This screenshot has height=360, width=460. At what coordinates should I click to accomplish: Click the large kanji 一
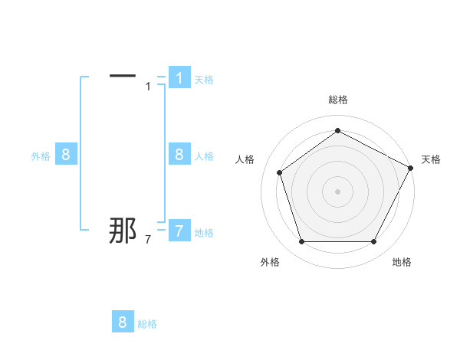[x=123, y=76]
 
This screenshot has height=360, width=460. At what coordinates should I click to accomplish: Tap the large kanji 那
[x=123, y=231]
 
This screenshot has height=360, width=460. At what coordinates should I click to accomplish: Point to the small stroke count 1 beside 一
[x=148, y=86]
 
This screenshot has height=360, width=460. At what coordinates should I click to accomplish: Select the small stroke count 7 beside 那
[x=148, y=241]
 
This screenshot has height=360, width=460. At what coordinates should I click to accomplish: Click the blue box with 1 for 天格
[x=179, y=78]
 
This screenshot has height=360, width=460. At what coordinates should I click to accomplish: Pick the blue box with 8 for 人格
[x=179, y=155]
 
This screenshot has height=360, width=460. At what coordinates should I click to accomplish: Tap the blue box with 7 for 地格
[x=179, y=231]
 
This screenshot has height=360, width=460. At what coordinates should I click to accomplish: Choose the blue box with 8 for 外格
[x=66, y=155]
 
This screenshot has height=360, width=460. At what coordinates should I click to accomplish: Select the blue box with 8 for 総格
[x=123, y=322]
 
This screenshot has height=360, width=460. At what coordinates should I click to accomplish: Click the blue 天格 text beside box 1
[x=204, y=80]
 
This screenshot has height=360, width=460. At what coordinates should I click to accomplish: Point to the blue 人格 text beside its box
[x=204, y=156]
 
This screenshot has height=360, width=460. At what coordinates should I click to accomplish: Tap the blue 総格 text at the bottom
[x=147, y=324]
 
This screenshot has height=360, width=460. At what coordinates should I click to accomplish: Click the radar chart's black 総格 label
[x=337, y=100]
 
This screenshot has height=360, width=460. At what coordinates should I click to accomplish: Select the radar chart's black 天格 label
[x=432, y=159]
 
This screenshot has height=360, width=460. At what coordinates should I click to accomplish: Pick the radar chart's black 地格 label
[x=402, y=262]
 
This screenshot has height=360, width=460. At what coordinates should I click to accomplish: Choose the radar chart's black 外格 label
[x=270, y=262]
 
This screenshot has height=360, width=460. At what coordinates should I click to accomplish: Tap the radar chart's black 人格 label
[x=245, y=159]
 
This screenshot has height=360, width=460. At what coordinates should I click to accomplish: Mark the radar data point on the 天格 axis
[x=410, y=168]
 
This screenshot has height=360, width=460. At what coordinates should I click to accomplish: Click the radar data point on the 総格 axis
[x=337, y=130]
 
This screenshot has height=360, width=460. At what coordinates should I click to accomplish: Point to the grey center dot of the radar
[x=337, y=191]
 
